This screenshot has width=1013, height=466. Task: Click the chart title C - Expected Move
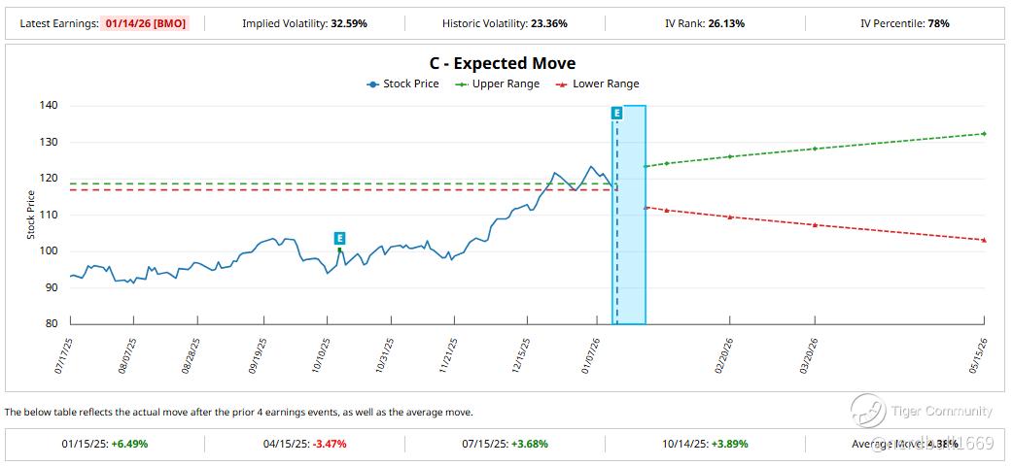point(502,63)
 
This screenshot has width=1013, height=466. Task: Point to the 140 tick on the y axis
point(49,106)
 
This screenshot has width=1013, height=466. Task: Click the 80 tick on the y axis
point(52,323)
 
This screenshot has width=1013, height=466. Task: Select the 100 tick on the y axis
point(49,250)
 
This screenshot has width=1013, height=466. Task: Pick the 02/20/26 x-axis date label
point(724,355)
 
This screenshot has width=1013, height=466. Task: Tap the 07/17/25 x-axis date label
point(65,355)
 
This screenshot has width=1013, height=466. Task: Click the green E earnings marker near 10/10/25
point(339,238)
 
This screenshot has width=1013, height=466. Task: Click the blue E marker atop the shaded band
point(616,114)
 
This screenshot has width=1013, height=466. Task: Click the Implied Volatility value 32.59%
point(347,22)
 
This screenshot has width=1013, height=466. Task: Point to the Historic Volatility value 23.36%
point(547,22)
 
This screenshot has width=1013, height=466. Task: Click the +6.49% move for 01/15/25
point(129,444)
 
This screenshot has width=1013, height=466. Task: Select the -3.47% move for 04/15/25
point(329,444)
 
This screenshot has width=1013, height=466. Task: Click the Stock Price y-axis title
point(30,215)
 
